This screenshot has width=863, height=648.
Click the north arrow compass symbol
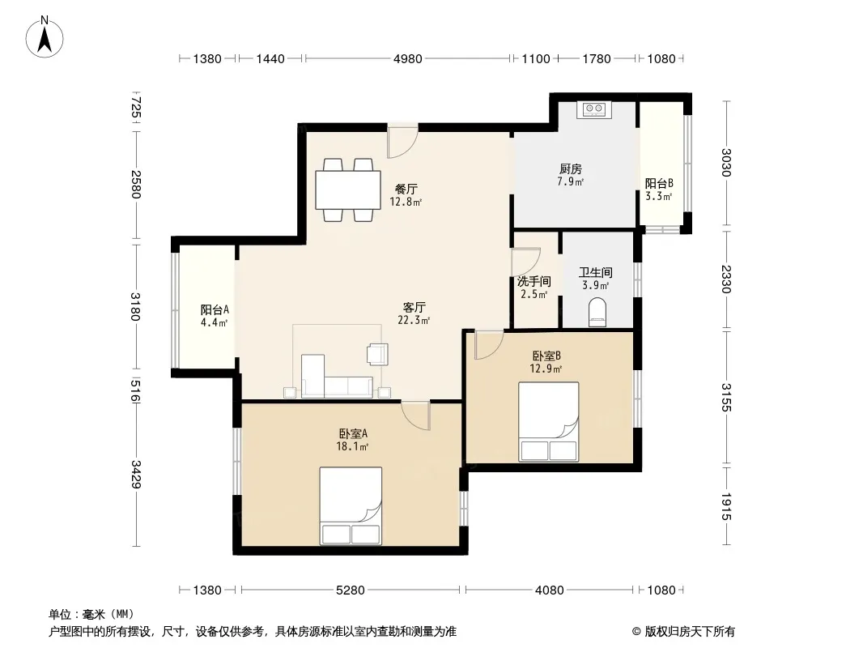pos(45,37)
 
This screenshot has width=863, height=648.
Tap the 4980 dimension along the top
pos(408,58)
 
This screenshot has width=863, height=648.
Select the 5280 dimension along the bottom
pos(350,590)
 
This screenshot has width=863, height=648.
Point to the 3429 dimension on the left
pos(136,474)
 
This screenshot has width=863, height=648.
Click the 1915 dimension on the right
pos(726,506)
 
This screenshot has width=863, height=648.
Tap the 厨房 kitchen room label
pos(571,168)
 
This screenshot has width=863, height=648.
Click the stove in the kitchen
pos(594,109)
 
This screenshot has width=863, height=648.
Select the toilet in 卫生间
pos(597,312)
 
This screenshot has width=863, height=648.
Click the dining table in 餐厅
pos(348,190)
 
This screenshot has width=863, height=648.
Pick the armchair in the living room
pos(377,354)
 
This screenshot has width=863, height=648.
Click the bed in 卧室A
pos(351,506)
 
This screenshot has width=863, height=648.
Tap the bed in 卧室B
pos(549,422)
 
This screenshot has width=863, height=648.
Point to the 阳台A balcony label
pos(215,309)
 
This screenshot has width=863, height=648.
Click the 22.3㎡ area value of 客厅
pos(414,321)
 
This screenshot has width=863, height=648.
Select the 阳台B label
pos(659,183)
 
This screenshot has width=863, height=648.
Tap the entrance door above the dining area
pos(402,142)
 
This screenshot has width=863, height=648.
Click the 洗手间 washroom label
pos(534,281)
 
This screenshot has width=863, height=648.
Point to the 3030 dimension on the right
pos(726,163)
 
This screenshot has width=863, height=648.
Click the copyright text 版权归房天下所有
pos(690,632)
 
